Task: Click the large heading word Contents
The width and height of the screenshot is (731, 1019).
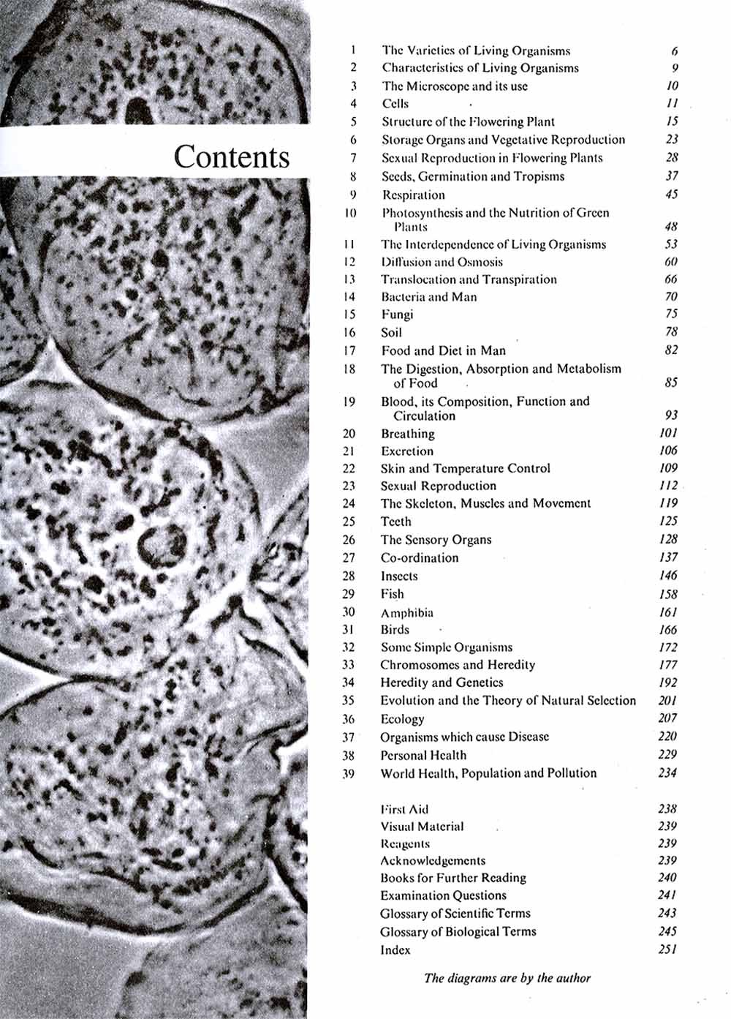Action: tap(232, 157)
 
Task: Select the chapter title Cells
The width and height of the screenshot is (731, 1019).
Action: tap(395, 104)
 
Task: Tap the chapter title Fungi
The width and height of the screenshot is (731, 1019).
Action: tap(397, 315)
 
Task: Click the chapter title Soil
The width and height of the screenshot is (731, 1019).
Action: tap(391, 332)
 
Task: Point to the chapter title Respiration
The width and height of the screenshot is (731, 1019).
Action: tap(413, 195)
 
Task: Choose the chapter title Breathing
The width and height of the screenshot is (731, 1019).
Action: tap(407, 434)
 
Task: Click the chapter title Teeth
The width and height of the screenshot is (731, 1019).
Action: tap(395, 522)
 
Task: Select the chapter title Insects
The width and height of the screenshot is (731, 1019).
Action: tap(399, 576)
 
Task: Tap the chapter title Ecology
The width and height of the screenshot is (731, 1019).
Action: tap(402, 718)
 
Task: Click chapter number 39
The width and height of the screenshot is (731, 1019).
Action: tap(348, 773)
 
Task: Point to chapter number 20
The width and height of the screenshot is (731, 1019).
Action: tap(349, 434)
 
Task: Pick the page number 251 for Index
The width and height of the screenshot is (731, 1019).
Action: tap(667, 950)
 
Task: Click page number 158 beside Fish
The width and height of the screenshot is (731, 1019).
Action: tap(667, 594)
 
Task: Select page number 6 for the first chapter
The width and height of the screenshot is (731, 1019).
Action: tap(674, 51)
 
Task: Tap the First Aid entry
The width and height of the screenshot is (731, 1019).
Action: tap(404, 809)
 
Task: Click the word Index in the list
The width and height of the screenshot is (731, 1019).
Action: tap(395, 950)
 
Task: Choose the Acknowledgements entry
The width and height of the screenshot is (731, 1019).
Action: tap(433, 860)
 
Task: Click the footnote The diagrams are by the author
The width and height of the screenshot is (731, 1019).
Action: tap(507, 978)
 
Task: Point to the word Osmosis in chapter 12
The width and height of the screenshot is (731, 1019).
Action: tap(480, 262)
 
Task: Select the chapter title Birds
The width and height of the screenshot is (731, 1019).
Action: tap(395, 630)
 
